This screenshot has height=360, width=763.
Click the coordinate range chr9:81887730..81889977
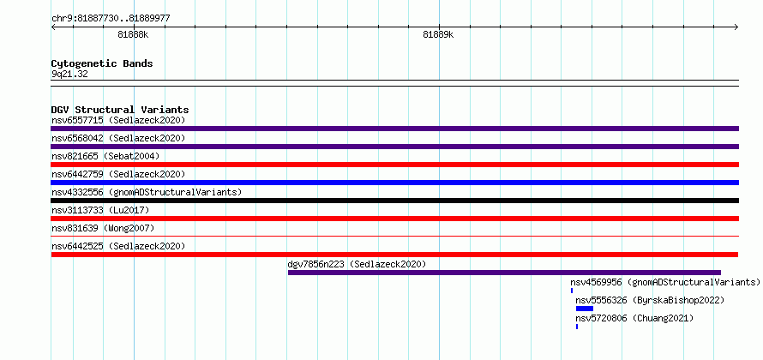(111, 19)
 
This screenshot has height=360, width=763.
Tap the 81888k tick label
(133, 34)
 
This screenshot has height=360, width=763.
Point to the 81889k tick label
(438, 34)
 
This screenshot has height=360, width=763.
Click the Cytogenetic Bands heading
(102, 63)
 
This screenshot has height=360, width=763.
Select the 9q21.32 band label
(69, 75)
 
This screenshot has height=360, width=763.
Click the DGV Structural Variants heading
(120, 110)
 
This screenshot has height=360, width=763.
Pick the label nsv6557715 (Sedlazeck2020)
(118, 120)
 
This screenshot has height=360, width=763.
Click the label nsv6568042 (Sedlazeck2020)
(118, 138)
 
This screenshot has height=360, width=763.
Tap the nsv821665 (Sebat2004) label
(105, 156)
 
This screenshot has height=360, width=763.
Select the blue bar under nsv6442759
(394, 183)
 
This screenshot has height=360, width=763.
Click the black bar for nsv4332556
(394, 201)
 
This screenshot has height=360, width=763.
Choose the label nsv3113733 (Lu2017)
(100, 210)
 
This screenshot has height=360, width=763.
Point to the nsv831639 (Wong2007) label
(103, 228)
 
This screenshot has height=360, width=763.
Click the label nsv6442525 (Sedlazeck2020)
(118, 246)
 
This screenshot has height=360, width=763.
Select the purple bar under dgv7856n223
(504, 273)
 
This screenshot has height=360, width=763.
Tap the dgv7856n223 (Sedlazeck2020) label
(357, 264)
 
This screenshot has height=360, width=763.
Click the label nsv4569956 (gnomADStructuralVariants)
(665, 282)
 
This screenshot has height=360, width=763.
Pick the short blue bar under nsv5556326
(585, 309)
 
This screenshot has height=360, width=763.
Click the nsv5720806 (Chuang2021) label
(634, 318)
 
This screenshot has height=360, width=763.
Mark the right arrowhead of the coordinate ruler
(737, 27)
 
